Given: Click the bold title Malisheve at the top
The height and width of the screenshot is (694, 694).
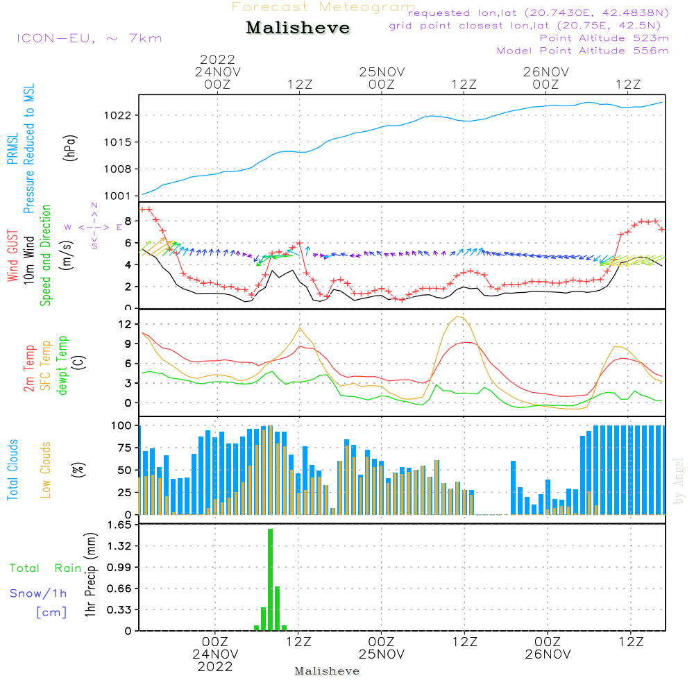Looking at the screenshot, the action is (x=298, y=28).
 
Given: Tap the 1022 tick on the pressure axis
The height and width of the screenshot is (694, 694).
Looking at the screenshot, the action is (x=118, y=115).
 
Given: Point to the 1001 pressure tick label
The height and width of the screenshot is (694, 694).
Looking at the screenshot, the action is (x=118, y=196).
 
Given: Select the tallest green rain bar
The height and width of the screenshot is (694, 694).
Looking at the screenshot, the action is (x=270, y=579).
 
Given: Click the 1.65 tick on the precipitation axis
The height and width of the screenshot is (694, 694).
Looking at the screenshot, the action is (x=119, y=525).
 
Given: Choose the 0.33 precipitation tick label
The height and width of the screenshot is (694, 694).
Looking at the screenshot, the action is (x=119, y=610).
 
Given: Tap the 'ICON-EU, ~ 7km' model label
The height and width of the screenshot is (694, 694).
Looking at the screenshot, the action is (x=90, y=38).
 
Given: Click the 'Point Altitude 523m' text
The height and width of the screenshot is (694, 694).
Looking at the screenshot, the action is (x=604, y=38).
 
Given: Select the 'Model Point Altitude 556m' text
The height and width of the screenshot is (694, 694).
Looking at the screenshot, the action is (x=582, y=51).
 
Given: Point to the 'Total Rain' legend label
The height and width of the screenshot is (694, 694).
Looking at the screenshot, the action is (x=46, y=568).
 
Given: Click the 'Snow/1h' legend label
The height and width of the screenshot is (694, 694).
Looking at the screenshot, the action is (x=38, y=593).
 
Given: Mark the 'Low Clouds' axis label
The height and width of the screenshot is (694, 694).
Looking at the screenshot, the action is (x=45, y=470).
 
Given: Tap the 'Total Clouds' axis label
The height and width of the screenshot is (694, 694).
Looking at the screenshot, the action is (x=12, y=470).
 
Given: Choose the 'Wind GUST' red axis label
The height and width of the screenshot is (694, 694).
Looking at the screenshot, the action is (x=12, y=255).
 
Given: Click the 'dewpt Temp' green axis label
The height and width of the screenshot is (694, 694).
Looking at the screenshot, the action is (x=62, y=365).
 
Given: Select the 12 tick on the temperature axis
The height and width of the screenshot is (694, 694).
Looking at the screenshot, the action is (x=125, y=324).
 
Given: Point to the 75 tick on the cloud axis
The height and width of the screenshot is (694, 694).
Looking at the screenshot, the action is (x=125, y=448).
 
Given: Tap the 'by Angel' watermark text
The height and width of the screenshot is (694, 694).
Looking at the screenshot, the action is (x=679, y=481).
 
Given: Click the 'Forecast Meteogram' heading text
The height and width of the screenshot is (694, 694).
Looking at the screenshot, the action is (x=323, y=7).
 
